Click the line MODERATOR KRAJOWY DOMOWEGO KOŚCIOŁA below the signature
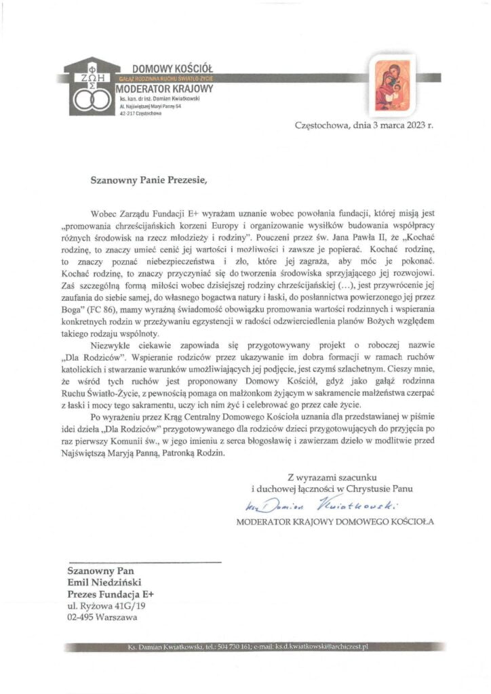point(334,522)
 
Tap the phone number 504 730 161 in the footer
point(234,647)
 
